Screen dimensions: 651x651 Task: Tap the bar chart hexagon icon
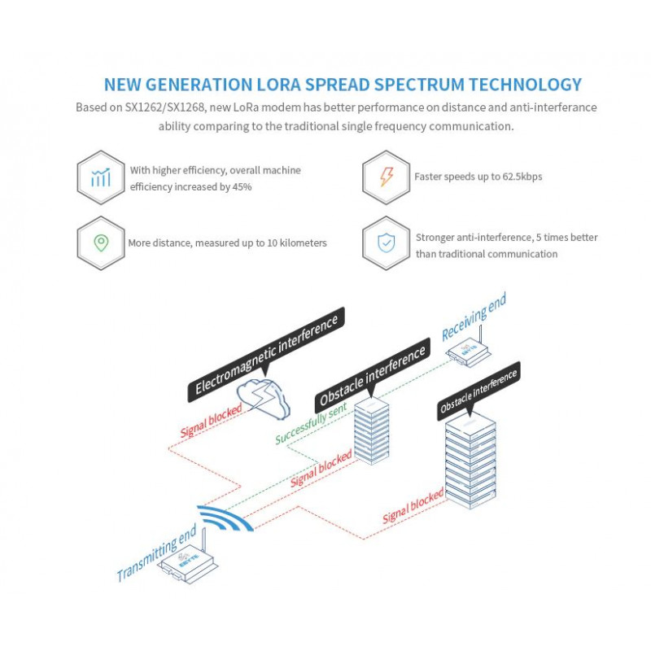pyautogui.click(x=101, y=177)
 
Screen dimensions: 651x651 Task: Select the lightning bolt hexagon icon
pyautogui.click(x=387, y=177)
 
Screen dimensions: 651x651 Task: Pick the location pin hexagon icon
pyautogui.click(x=101, y=242)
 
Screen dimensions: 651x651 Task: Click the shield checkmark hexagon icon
pyautogui.click(x=387, y=243)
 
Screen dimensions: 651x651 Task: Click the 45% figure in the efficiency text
pyautogui.click(x=241, y=186)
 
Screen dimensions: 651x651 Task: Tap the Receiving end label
pyautogui.click(x=474, y=317)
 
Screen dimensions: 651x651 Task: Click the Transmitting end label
pyautogui.click(x=156, y=554)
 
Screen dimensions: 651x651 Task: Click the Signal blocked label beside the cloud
pyautogui.click(x=211, y=420)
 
